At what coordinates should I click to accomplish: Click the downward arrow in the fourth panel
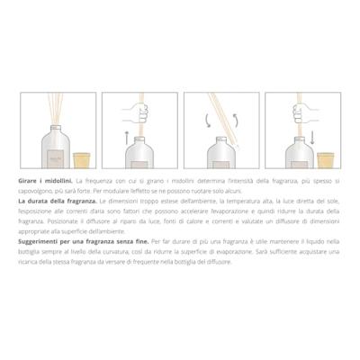[x=315, y=136]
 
